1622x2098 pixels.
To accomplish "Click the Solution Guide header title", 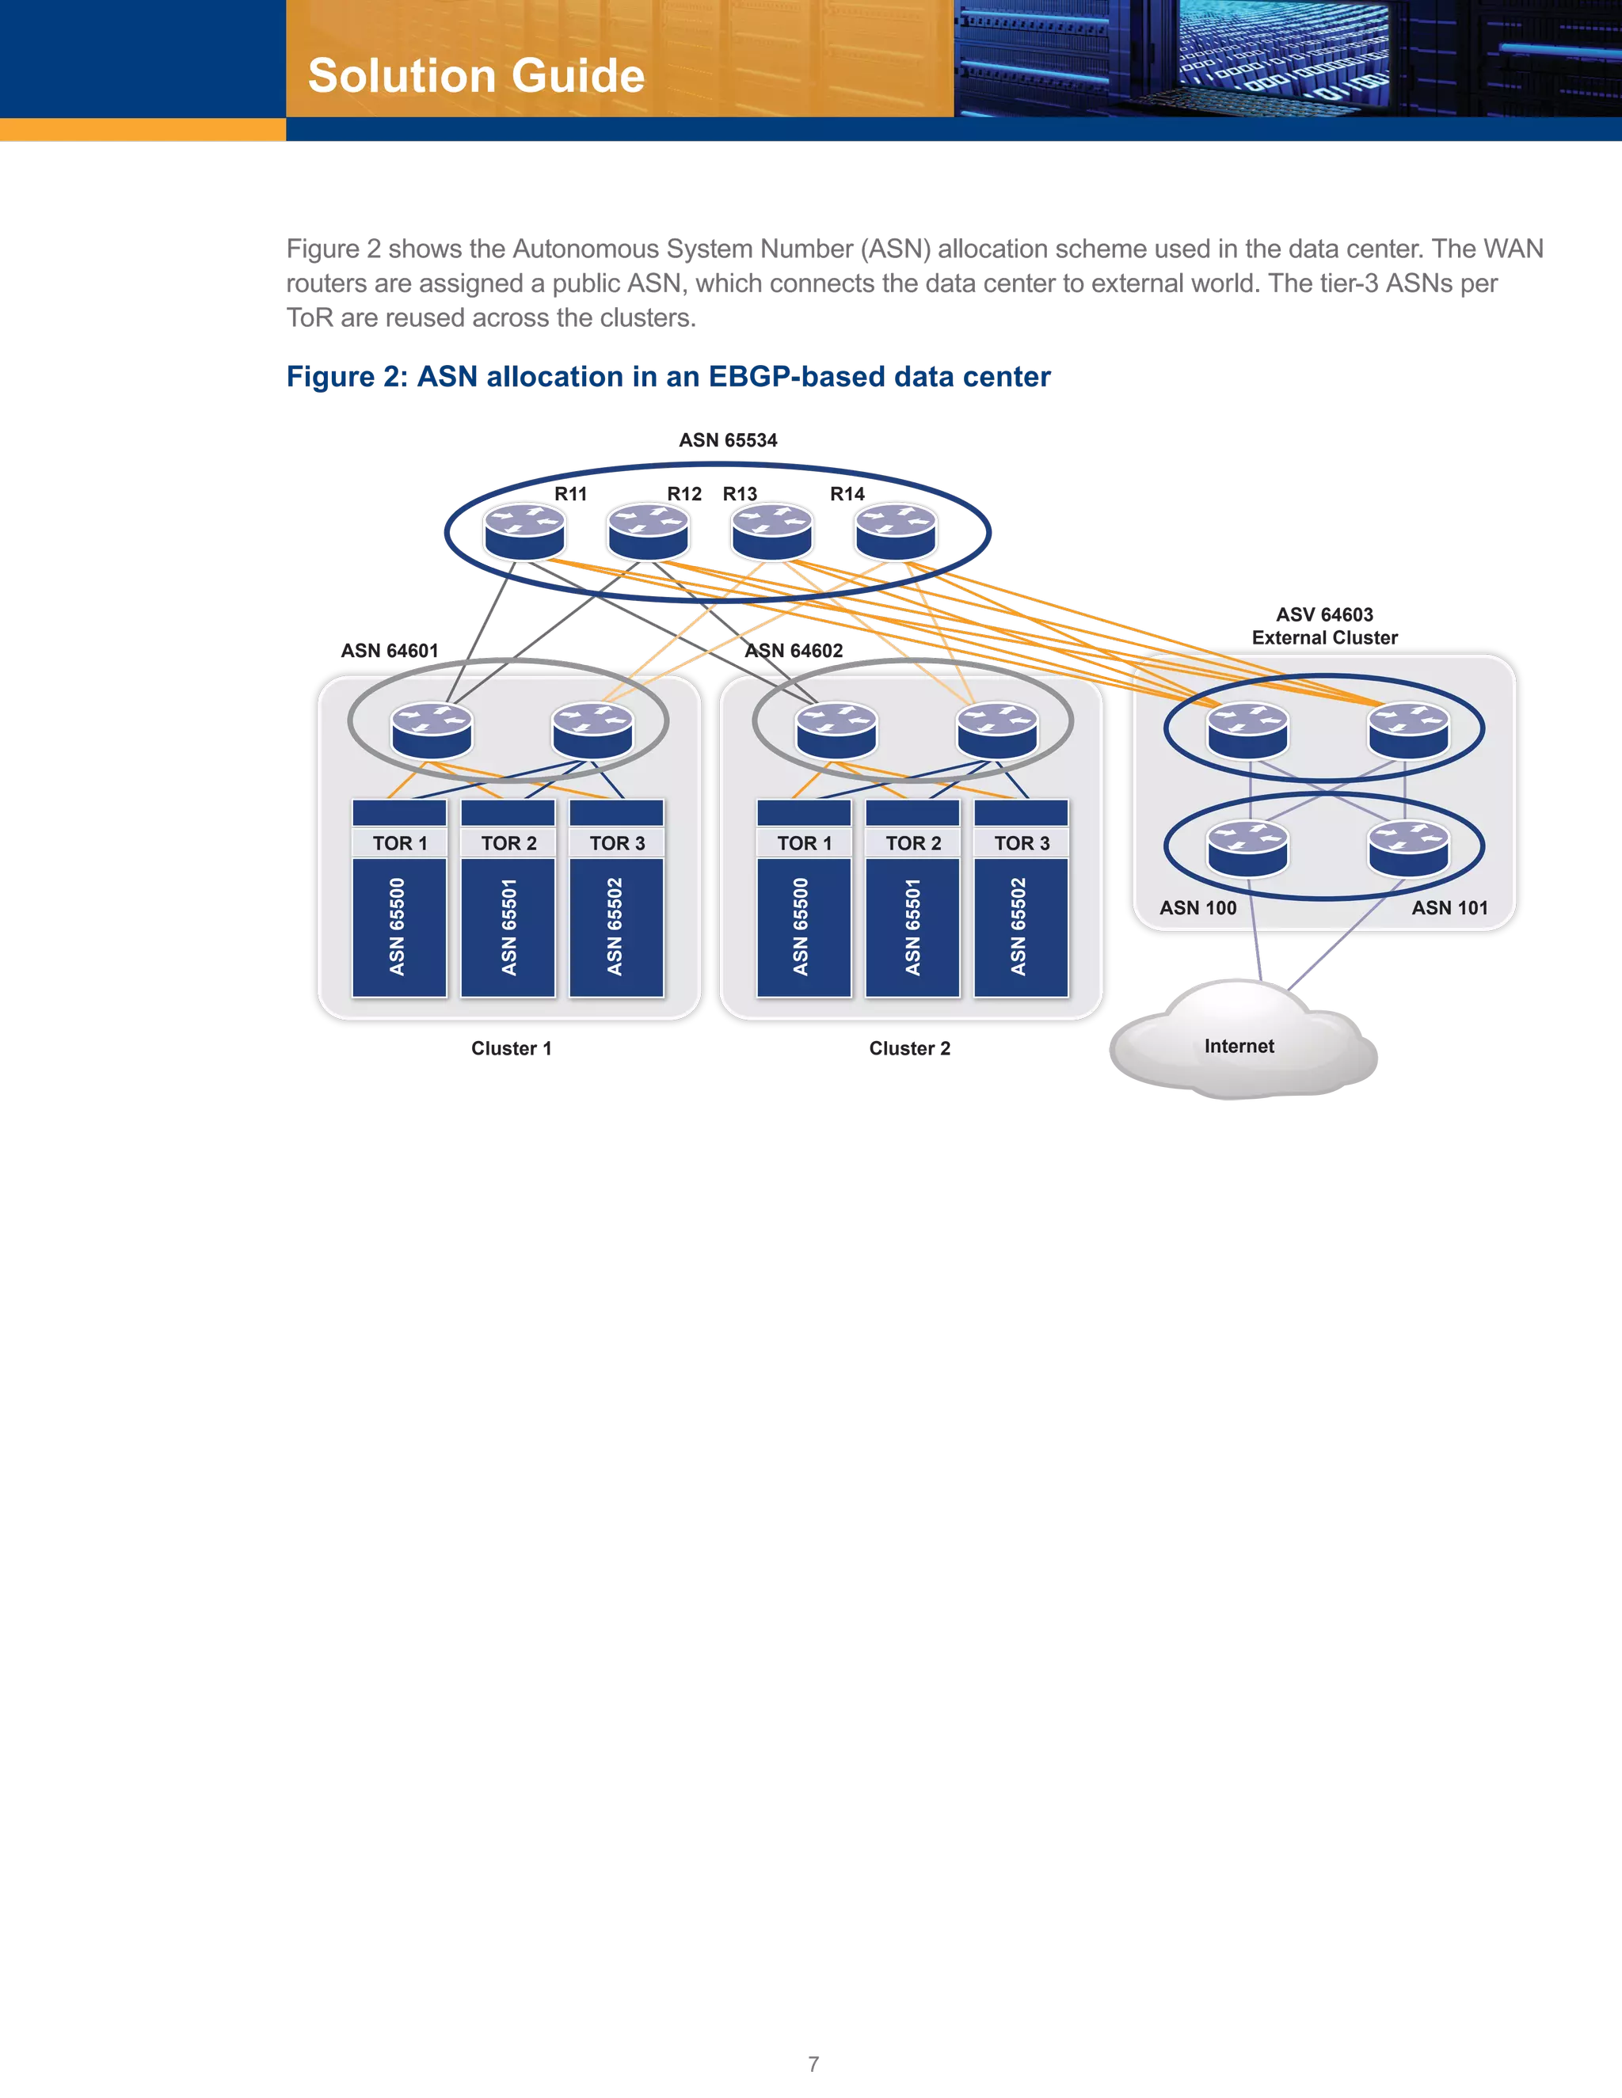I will pos(476,76).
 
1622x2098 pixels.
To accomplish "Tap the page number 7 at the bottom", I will pos(813,2062).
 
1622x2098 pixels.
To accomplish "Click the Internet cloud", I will pos(1239,1046).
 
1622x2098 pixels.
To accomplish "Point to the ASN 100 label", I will pos(1197,908).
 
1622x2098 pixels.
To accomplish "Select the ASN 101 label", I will pos(1449,908).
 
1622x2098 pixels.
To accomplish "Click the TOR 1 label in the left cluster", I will pos(400,843).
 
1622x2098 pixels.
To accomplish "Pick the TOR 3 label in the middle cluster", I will pos(1022,843).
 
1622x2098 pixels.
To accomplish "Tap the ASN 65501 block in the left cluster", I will pos(508,927).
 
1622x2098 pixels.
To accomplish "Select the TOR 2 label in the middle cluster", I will pos(913,843).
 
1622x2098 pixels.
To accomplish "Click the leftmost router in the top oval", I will pos(524,531).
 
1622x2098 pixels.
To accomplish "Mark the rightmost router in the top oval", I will pos(896,531).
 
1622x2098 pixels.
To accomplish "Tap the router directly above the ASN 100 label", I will pos(1247,848).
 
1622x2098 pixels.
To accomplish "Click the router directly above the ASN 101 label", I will pos(1407,848).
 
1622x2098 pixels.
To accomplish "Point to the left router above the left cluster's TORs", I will pos(432,730).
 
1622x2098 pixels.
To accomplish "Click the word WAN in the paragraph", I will pos(1513,249).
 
